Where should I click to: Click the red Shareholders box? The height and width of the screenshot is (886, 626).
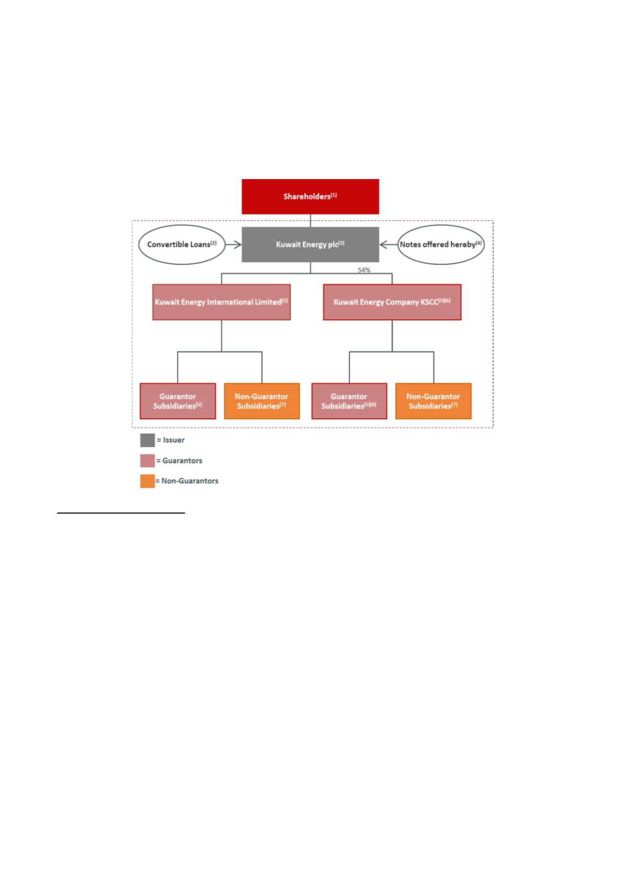(310, 196)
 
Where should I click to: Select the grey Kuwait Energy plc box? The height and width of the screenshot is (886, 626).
(310, 245)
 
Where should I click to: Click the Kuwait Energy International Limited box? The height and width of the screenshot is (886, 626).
(221, 302)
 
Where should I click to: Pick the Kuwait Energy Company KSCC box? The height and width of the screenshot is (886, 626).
(392, 302)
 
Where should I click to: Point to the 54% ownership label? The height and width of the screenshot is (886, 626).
(364, 270)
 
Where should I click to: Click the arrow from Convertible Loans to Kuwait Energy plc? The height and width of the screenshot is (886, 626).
(234, 245)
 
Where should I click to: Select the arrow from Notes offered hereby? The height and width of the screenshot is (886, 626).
(388, 245)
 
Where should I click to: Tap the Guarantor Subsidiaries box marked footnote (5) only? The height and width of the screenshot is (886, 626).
(177, 401)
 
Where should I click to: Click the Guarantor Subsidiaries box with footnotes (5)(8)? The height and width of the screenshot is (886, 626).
(349, 401)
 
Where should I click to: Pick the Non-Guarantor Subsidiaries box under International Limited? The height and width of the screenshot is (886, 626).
(262, 401)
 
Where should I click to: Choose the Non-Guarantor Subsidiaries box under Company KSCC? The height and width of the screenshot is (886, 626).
(433, 401)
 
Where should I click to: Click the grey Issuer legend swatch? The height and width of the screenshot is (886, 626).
(148, 440)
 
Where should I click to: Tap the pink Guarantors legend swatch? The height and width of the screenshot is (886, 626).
(148, 461)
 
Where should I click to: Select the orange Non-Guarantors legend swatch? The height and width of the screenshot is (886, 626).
(148, 481)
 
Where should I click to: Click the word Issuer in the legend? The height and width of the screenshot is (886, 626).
(174, 440)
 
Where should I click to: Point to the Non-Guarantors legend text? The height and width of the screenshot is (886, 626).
(190, 481)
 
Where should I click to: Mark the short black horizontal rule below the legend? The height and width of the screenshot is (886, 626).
(121, 513)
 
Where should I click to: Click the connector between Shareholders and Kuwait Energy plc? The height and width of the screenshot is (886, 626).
(310, 220)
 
